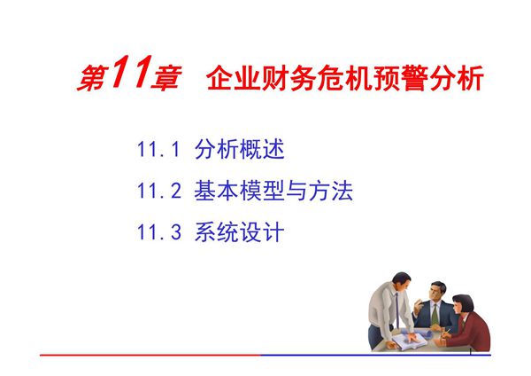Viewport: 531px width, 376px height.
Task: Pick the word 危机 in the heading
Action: [346, 81]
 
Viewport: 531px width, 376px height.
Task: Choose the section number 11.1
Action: [158, 150]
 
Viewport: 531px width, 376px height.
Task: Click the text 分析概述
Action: [239, 150]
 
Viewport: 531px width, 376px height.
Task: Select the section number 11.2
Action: [158, 192]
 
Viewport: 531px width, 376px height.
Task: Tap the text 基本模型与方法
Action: [273, 192]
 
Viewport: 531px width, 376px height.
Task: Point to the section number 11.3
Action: [158, 233]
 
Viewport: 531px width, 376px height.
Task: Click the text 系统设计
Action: [239, 233]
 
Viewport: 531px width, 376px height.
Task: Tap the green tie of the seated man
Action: [435, 310]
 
